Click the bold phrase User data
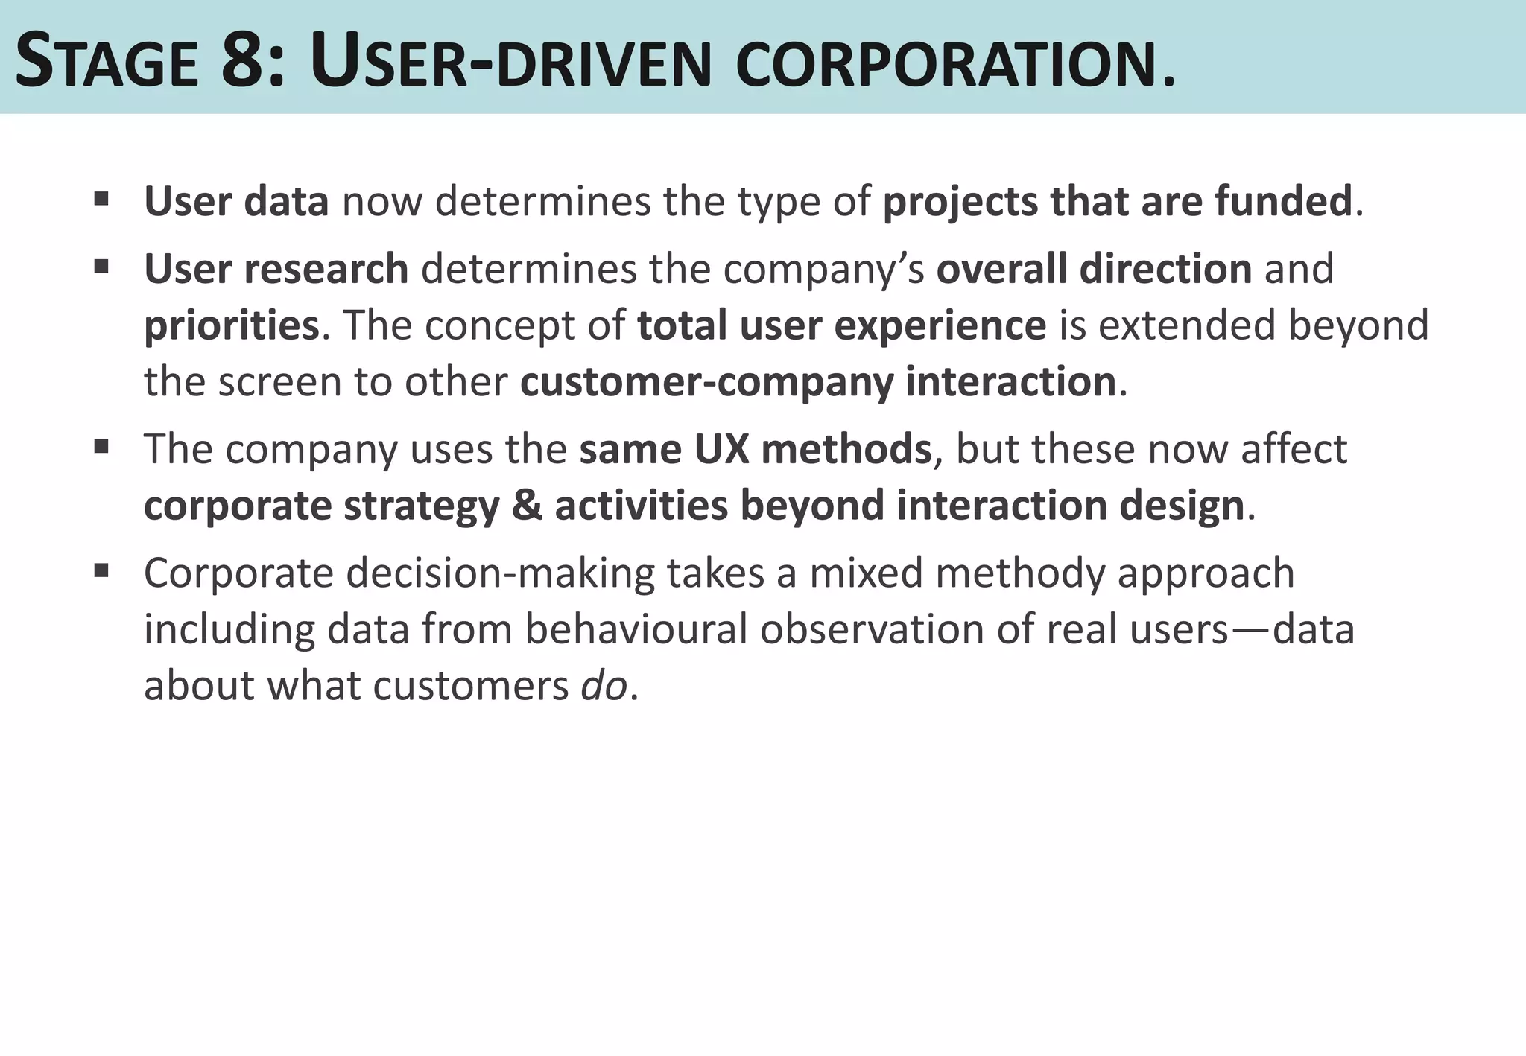(236, 201)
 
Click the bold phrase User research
(276, 269)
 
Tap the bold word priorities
(232, 326)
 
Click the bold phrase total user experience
(842, 325)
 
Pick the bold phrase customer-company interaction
(818, 382)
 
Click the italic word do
(604, 685)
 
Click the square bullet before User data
(102, 200)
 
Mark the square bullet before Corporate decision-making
(102, 571)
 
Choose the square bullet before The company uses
(102, 447)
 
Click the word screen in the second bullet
(279, 383)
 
